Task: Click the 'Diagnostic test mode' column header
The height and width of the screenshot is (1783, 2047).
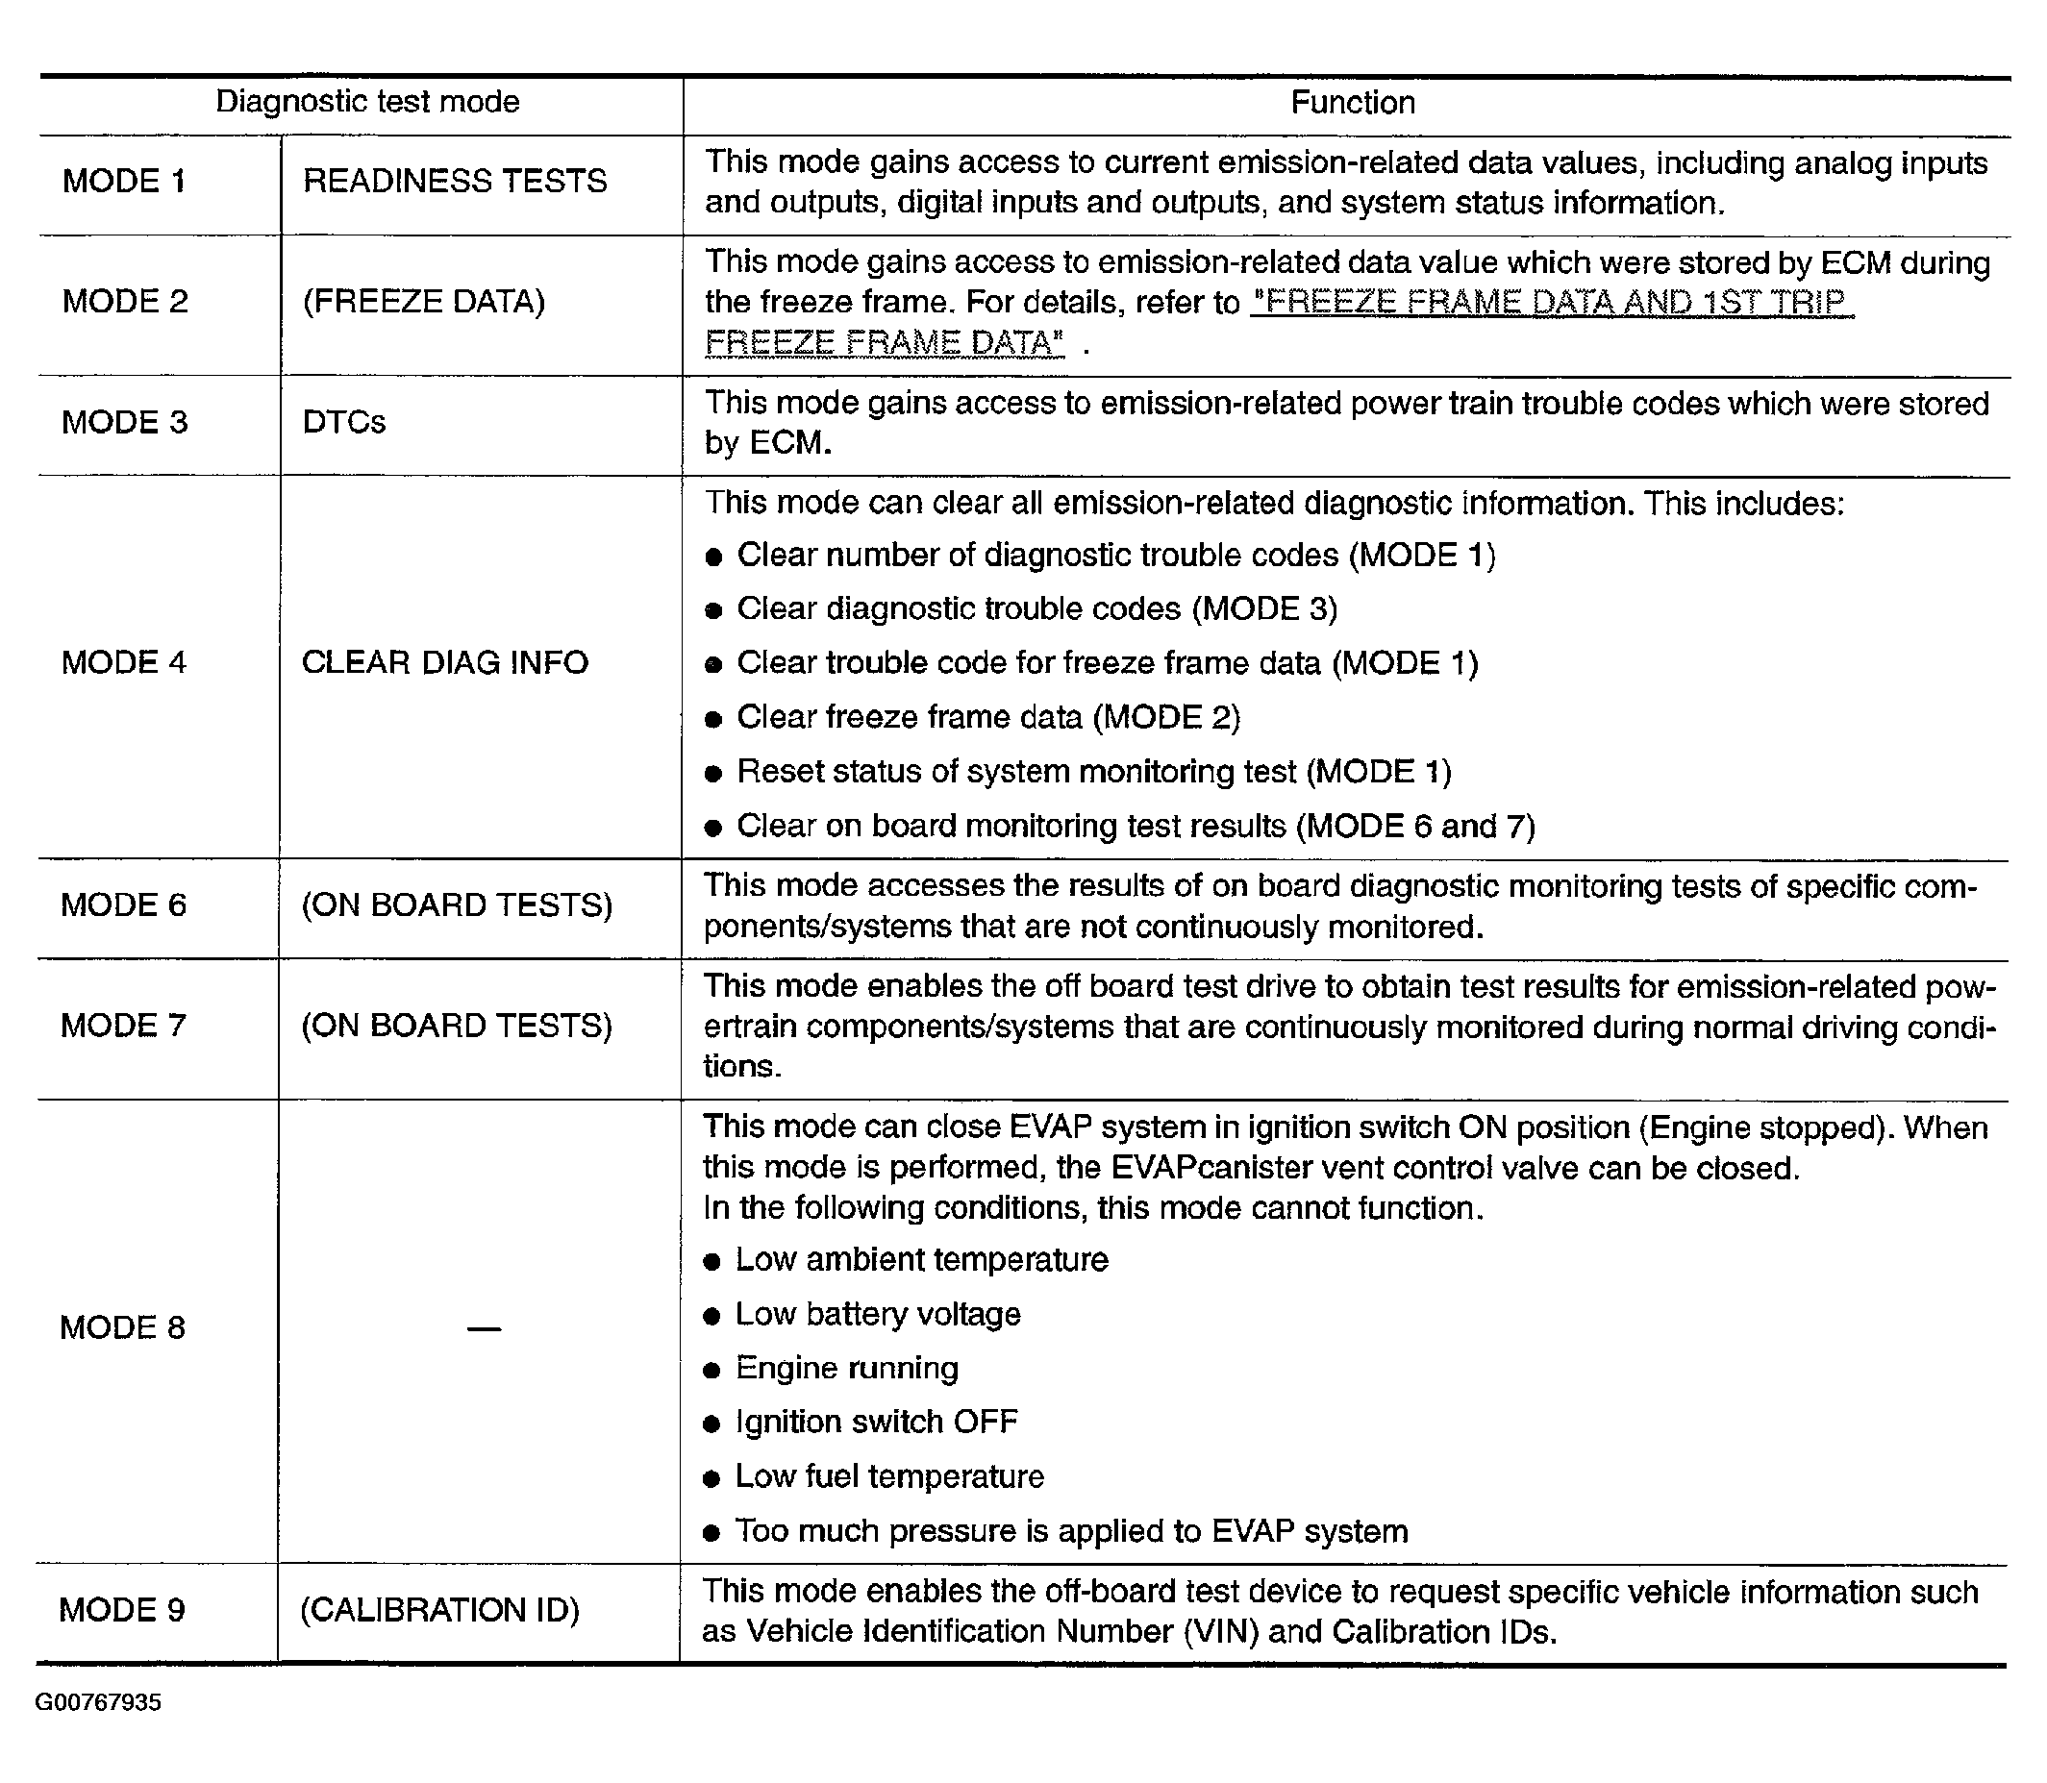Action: coord(367,102)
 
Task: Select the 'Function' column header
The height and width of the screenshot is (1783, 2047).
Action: coord(1353,103)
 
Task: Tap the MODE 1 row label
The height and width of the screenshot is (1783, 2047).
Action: coord(124,181)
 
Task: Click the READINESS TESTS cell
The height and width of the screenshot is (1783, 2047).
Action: coord(455,181)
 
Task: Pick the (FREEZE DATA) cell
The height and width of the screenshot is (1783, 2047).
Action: coord(424,302)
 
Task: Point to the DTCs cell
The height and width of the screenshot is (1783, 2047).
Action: coord(343,423)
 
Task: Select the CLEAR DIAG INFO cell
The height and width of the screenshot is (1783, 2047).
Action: coord(445,662)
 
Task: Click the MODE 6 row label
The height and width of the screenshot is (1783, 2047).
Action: coord(123,905)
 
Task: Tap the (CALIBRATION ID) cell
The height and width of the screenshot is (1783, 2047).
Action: coord(439,1610)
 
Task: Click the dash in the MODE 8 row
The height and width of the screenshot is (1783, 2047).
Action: coord(484,1328)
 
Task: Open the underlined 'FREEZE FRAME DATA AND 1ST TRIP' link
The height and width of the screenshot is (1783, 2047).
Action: coord(1552,303)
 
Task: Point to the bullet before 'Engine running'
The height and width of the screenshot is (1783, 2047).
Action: coord(711,1370)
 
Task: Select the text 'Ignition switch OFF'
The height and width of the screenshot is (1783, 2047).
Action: coord(877,1422)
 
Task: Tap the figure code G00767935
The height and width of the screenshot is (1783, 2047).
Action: coord(97,1701)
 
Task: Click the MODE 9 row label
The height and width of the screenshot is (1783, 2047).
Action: coord(122,1610)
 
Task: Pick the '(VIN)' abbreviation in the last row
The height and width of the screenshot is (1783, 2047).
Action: coord(1221,1632)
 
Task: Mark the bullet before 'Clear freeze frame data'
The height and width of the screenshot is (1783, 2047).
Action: coord(712,719)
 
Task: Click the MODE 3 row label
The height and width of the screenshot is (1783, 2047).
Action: coord(124,423)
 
